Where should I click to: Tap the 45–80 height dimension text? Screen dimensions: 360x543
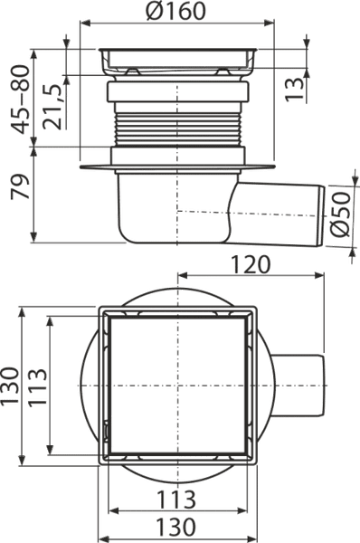[x=20, y=100]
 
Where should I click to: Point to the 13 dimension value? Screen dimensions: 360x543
[x=294, y=89]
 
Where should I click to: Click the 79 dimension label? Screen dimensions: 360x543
[x=20, y=186]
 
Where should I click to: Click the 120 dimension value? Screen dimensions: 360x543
[x=250, y=264]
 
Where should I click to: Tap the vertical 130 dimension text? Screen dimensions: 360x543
[x=10, y=386]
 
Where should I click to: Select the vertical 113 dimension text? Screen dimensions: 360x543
[x=37, y=386]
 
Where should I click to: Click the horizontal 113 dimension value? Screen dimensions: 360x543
[x=176, y=500]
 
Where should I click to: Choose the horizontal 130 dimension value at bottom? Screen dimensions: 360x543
[x=176, y=527]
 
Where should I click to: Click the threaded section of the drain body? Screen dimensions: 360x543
[x=177, y=129]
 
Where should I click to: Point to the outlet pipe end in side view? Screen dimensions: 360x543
[x=321, y=216]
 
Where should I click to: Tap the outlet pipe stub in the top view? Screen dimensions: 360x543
[x=298, y=386]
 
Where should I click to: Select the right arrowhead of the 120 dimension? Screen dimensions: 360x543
[x=319, y=276]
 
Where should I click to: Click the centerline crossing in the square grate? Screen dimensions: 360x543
[x=177, y=386]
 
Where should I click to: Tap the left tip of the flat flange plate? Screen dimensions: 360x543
[x=80, y=167]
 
